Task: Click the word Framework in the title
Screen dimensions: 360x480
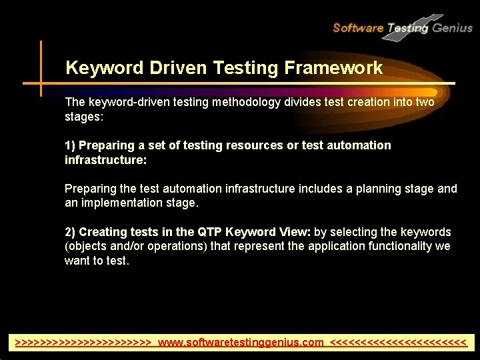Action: [x=333, y=68]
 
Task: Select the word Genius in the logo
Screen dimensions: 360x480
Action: [x=453, y=27]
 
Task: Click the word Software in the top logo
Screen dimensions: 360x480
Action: [x=357, y=27]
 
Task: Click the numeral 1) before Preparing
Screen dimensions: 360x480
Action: [x=71, y=145]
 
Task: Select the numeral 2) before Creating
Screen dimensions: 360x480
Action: [x=71, y=232]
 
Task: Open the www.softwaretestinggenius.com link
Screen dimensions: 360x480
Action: [x=241, y=343]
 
